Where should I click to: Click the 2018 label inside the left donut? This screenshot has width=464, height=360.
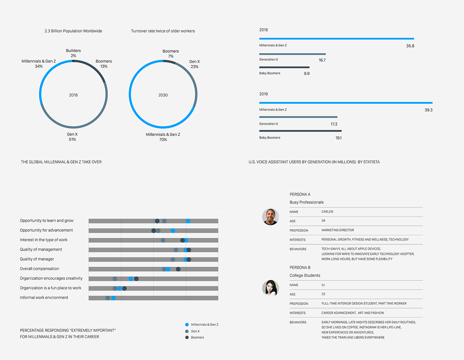pyautogui.click(x=73, y=95)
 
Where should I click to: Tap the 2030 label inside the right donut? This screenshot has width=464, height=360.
pyautogui.click(x=163, y=95)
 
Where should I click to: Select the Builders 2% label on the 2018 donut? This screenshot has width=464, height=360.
pyautogui.click(x=73, y=53)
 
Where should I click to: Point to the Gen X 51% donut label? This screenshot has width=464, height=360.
pyautogui.click(x=72, y=137)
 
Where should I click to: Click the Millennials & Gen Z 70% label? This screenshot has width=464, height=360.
pyautogui.click(x=163, y=137)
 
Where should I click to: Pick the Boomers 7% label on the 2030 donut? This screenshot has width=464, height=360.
pyautogui.click(x=171, y=54)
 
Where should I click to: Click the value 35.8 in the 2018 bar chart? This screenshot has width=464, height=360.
pyautogui.click(x=410, y=46)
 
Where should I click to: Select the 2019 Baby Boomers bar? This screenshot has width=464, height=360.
pyautogui.click(x=300, y=131)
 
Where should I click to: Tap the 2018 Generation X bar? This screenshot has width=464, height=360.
pyautogui.click(x=292, y=54)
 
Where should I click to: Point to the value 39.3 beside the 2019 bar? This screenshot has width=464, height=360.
pyautogui.click(x=428, y=110)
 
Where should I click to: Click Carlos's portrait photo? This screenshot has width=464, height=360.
pyautogui.click(x=270, y=217)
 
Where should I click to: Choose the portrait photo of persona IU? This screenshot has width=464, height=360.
pyautogui.click(x=270, y=288)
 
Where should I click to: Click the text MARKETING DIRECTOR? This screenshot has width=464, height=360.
pyautogui.click(x=337, y=230)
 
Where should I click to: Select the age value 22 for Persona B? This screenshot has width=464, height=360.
pyautogui.click(x=323, y=294)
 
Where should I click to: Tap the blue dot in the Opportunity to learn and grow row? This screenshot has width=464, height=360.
pyautogui.click(x=188, y=221)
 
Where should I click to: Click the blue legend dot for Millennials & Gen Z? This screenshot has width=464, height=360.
pyautogui.click(x=187, y=325)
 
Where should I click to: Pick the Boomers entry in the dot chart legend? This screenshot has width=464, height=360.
pyautogui.click(x=197, y=337)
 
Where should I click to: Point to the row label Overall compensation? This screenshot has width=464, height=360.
pyautogui.click(x=39, y=269)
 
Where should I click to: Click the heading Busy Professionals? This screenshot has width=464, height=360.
pyautogui.click(x=307, y=202)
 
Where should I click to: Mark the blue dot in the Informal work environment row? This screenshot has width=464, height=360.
pyautogui.click(x=113, y=298)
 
